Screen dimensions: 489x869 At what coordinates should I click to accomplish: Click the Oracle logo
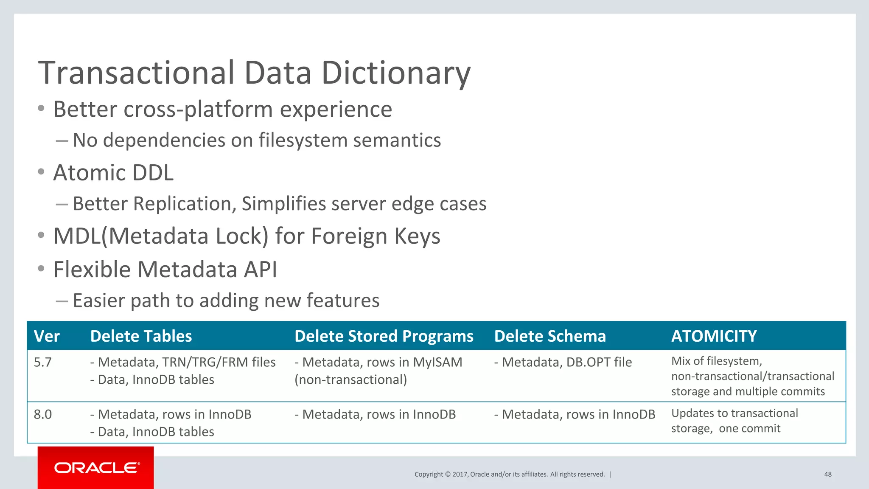pos(96,468)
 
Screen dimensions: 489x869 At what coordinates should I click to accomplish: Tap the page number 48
pos(827,475)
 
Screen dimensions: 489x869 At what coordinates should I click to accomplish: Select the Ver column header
pos(47,336)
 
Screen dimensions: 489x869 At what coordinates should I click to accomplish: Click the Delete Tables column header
pos(141,336)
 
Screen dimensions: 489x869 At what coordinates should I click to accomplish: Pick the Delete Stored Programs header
pos(384,336)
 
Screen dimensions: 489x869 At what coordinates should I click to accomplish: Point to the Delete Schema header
pos(550,336)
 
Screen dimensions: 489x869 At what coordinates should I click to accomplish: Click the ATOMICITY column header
pos(714,336)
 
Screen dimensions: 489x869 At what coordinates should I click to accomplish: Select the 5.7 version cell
pos(43,362)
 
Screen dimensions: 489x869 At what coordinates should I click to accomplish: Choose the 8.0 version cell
pos(43,414)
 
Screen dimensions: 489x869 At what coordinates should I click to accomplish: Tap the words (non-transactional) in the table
pos(351,379)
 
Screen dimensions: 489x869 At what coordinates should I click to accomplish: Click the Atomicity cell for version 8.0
pos(734,421)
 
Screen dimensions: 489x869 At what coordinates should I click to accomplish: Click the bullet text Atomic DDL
pos(113,173)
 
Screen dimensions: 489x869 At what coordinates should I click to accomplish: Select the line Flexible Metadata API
pos(165,270)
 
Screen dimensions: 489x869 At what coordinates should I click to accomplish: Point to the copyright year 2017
pos(460,475)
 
